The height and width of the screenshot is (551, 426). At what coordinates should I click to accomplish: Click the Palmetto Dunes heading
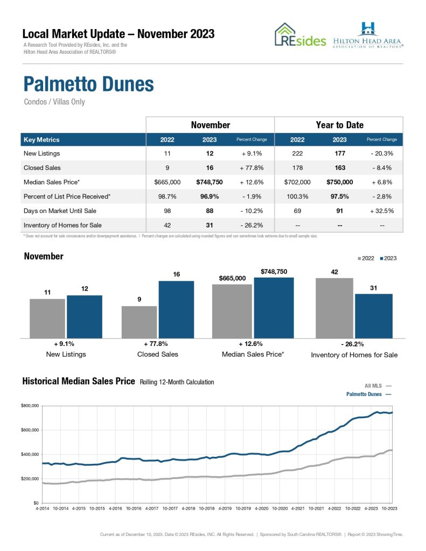coord(89,84)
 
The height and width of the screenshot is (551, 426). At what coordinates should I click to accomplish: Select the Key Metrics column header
coord(41,140)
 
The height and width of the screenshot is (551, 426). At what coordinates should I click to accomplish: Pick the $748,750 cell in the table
coord(209,182)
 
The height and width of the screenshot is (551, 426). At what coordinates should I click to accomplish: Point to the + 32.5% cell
coord(381,210)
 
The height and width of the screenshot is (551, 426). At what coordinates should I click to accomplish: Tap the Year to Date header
coord(339,125)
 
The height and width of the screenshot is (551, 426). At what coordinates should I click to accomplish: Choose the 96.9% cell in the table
coord(209,196)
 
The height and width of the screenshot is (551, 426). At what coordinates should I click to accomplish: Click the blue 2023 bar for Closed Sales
coord(176,309)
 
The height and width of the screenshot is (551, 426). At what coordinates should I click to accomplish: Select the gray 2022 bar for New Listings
coord(47,318)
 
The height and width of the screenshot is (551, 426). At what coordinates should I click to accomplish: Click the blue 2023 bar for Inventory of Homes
coord(374,316)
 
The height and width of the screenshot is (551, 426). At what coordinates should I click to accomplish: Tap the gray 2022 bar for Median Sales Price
coord(232,311)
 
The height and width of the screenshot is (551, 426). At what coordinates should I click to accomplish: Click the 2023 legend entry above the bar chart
coord(388,258)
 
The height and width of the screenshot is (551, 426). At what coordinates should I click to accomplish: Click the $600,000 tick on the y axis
coord(30,430)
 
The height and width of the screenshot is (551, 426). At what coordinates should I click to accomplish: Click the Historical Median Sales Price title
coord(79,382)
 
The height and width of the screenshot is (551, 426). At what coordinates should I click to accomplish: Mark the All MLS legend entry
coord(374,386)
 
